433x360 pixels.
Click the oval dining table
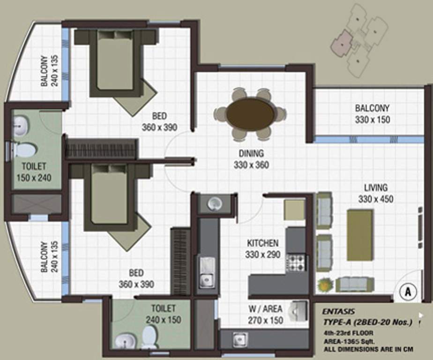pos(250,114)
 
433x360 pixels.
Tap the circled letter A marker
pos(407,291)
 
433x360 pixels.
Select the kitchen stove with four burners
pos(296,262)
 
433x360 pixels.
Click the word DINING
pos(251,153)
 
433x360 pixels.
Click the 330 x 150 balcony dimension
pos(372,120)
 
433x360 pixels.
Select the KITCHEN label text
pos(262,243)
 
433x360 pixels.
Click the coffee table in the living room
pos(360,235)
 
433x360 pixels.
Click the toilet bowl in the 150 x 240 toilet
pos(24,150)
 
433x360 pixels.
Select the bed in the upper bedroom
pos(115,61)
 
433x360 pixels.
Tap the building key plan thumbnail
pos(359,40)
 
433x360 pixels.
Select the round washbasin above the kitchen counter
pos(215,203)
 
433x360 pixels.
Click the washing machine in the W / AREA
pos(298,310)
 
